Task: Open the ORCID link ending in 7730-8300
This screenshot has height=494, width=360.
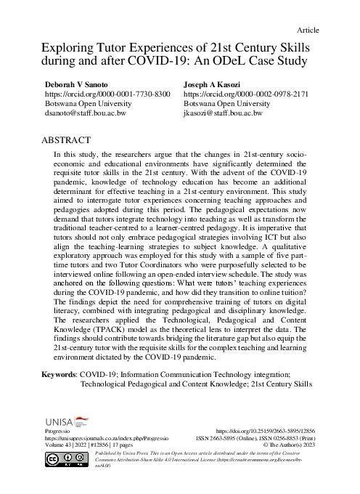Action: click(x=108, y=94)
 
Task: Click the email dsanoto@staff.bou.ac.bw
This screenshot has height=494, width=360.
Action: click(x=86, y=114)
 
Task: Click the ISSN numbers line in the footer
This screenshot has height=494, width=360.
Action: click(x=263, y=440)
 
